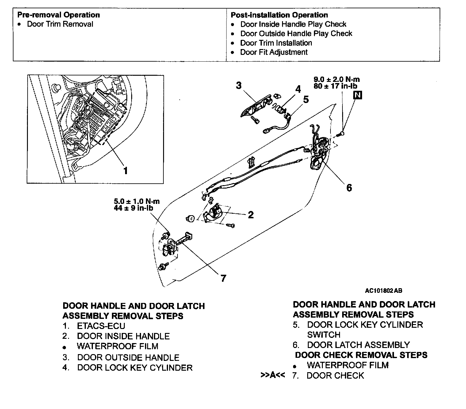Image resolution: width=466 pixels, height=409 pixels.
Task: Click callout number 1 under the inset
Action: [125, 170]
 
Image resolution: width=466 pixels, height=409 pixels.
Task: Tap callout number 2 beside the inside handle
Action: [251, 215]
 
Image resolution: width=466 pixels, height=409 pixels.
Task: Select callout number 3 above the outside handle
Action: [239, 85]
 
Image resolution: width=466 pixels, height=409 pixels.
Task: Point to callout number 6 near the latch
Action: [349, 188]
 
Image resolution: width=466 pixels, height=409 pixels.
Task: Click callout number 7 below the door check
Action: [223, 278]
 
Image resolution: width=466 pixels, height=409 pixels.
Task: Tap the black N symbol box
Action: [358, 95]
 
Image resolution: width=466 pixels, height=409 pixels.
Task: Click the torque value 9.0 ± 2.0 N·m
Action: [337, 79]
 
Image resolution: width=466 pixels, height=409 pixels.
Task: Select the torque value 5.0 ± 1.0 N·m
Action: [137, 201]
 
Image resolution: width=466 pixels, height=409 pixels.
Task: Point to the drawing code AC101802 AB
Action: [384, 291]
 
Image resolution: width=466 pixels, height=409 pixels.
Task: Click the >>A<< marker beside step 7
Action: [273, 375]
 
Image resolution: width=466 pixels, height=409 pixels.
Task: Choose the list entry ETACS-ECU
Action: [101, 326]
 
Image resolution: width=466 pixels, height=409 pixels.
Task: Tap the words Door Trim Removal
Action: [60, 24]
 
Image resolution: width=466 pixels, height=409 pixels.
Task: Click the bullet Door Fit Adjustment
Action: [273, 52]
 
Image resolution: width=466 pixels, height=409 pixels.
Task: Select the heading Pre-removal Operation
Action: [58, 15]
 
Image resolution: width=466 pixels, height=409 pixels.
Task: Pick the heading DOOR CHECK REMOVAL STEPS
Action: [361, 355]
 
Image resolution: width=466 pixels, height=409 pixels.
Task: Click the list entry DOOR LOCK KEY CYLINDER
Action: [135, 368]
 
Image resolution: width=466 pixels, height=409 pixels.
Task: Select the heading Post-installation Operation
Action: [279, 15]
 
